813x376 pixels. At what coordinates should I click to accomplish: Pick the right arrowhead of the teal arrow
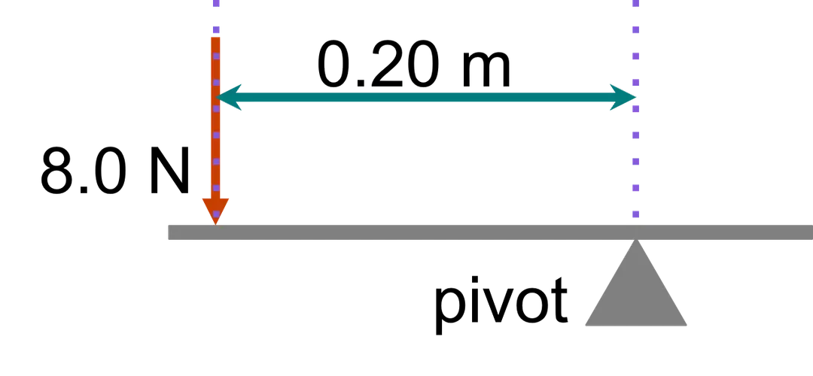tap(625, 97)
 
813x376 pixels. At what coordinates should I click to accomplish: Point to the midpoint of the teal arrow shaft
tap(427, 97)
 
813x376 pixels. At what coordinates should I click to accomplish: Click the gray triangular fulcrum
tap(637, 293)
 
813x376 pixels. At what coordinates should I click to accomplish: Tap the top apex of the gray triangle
tap(637, 241)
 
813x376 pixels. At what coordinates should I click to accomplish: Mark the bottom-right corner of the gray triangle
tap(690, 327)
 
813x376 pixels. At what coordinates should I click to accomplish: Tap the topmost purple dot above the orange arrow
tap(216, 5)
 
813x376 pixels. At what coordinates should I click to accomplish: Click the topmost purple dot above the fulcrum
tap(636, 5)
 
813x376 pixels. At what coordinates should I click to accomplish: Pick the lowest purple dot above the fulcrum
tap(636, 214)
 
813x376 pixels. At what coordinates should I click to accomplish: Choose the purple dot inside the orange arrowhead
tap(216, 214)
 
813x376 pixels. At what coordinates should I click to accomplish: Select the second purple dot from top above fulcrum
tap(636, 30)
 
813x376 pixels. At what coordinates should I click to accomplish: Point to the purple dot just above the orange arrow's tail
tap(216, 30)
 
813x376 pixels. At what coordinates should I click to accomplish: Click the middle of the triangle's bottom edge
tap(637, 327)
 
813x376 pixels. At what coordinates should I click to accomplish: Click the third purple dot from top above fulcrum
tap(636, 56)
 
